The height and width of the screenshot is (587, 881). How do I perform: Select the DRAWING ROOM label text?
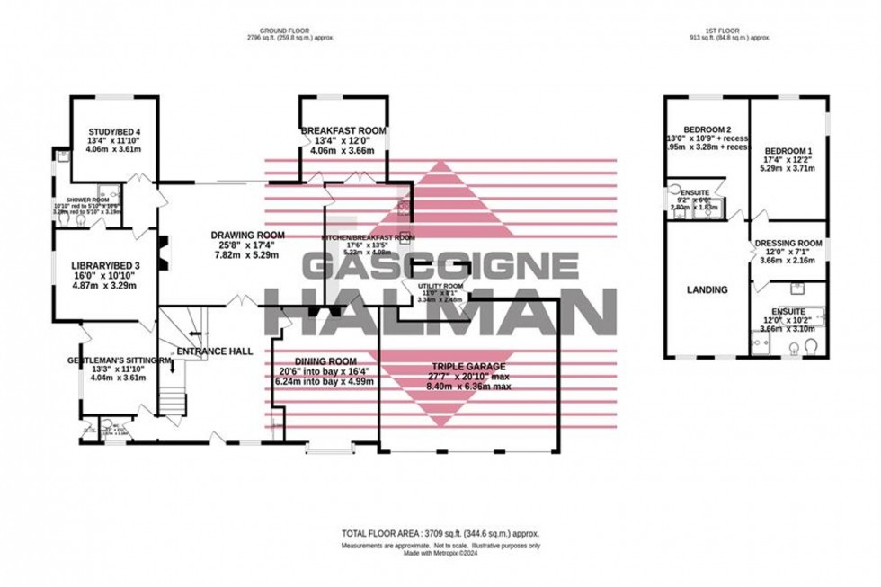click(x=241, y=236)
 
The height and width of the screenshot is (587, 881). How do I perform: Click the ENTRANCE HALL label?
click(x=214, y=351)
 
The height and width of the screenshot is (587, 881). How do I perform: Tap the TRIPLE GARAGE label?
click(x=467, y=367)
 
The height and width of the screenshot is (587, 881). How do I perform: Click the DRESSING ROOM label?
click(x=788, y=243)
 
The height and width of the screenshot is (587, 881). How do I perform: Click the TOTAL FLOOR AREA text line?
click(x=440, y=533)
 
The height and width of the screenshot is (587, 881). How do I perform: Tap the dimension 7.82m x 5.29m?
click(x=241, y=255)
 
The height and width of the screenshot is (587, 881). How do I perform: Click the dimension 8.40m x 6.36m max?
click(x=467, y=387)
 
